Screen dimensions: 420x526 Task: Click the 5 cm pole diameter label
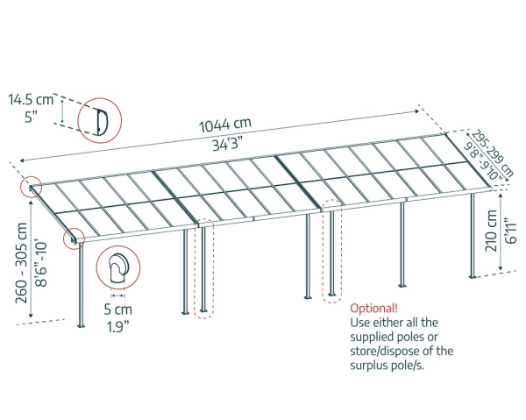tap(117, 309)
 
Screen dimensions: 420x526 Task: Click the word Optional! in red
tap(373, 309)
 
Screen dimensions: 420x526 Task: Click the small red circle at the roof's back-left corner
tap(32, 188)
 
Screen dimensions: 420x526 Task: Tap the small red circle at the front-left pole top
tap(73, 237)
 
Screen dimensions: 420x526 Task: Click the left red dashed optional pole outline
tap(203, 267)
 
